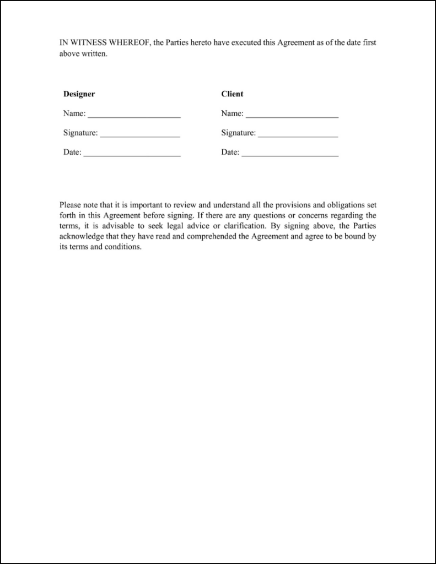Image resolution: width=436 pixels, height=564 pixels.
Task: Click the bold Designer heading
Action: [x=79, y=94]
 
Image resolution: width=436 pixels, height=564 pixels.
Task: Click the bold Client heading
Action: [x=232, y=94]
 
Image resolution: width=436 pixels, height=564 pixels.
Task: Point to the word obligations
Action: [x=342, y=205]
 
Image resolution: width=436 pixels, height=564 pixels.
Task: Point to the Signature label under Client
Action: [x=238, y=133]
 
